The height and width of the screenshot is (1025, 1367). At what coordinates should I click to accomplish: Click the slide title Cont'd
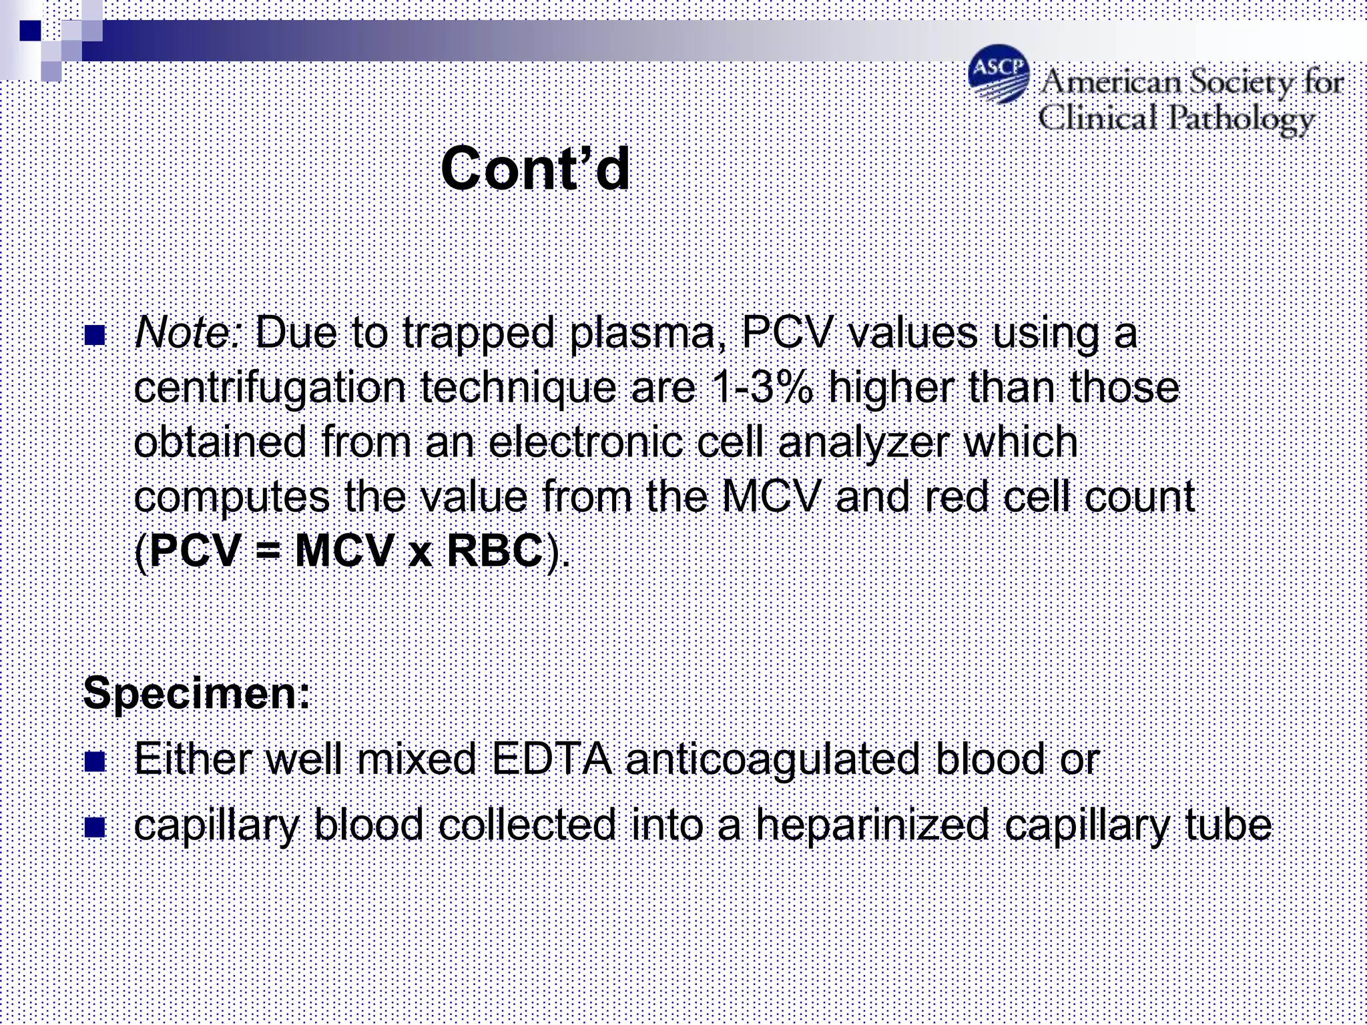(535, 169)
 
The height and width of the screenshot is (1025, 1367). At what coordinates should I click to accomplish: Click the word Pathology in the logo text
(1242, 120)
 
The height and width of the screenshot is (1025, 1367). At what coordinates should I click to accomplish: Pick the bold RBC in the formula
(495, 551)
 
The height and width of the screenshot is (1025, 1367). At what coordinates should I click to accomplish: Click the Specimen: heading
(197, 693)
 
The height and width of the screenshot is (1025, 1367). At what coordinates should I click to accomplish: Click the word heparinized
(872, 825)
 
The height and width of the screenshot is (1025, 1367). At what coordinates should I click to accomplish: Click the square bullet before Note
(95, 335)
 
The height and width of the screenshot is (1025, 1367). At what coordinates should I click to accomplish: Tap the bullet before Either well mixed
(95, 761)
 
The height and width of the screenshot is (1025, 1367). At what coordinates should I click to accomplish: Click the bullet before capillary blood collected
(95, 827)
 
